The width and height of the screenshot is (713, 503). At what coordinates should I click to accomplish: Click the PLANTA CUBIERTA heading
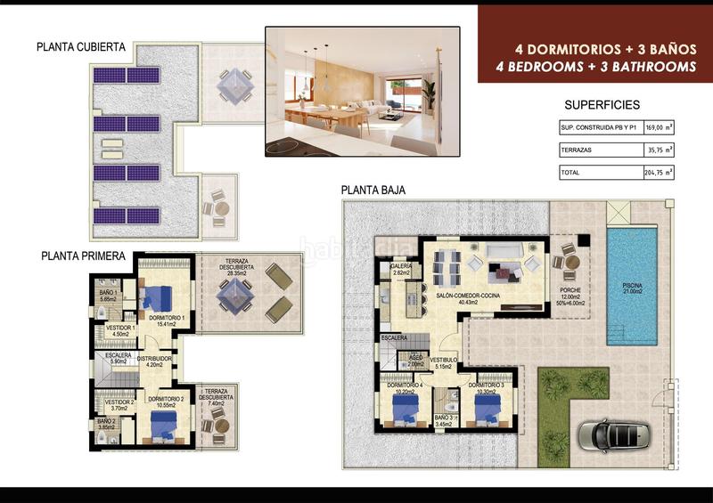point(81,47)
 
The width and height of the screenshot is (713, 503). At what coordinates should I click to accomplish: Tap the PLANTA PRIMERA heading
point(83,256)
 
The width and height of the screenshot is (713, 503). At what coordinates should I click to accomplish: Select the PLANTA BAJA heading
point(373,190)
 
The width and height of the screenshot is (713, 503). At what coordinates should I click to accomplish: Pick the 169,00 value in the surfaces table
point(654,126)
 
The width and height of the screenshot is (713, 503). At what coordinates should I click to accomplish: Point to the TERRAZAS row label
point(577,150)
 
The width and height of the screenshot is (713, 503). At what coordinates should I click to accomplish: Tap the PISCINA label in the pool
point(636,286)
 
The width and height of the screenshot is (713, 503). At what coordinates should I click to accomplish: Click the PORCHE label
point(570,290)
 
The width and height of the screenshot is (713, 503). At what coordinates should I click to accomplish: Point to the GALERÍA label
point(400,266)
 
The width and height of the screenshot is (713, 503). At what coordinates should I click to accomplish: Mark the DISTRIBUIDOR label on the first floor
point(153,359)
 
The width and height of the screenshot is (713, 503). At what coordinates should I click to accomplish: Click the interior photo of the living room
point(362,91)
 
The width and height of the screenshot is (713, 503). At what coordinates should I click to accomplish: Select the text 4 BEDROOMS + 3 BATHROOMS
point(586,65)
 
